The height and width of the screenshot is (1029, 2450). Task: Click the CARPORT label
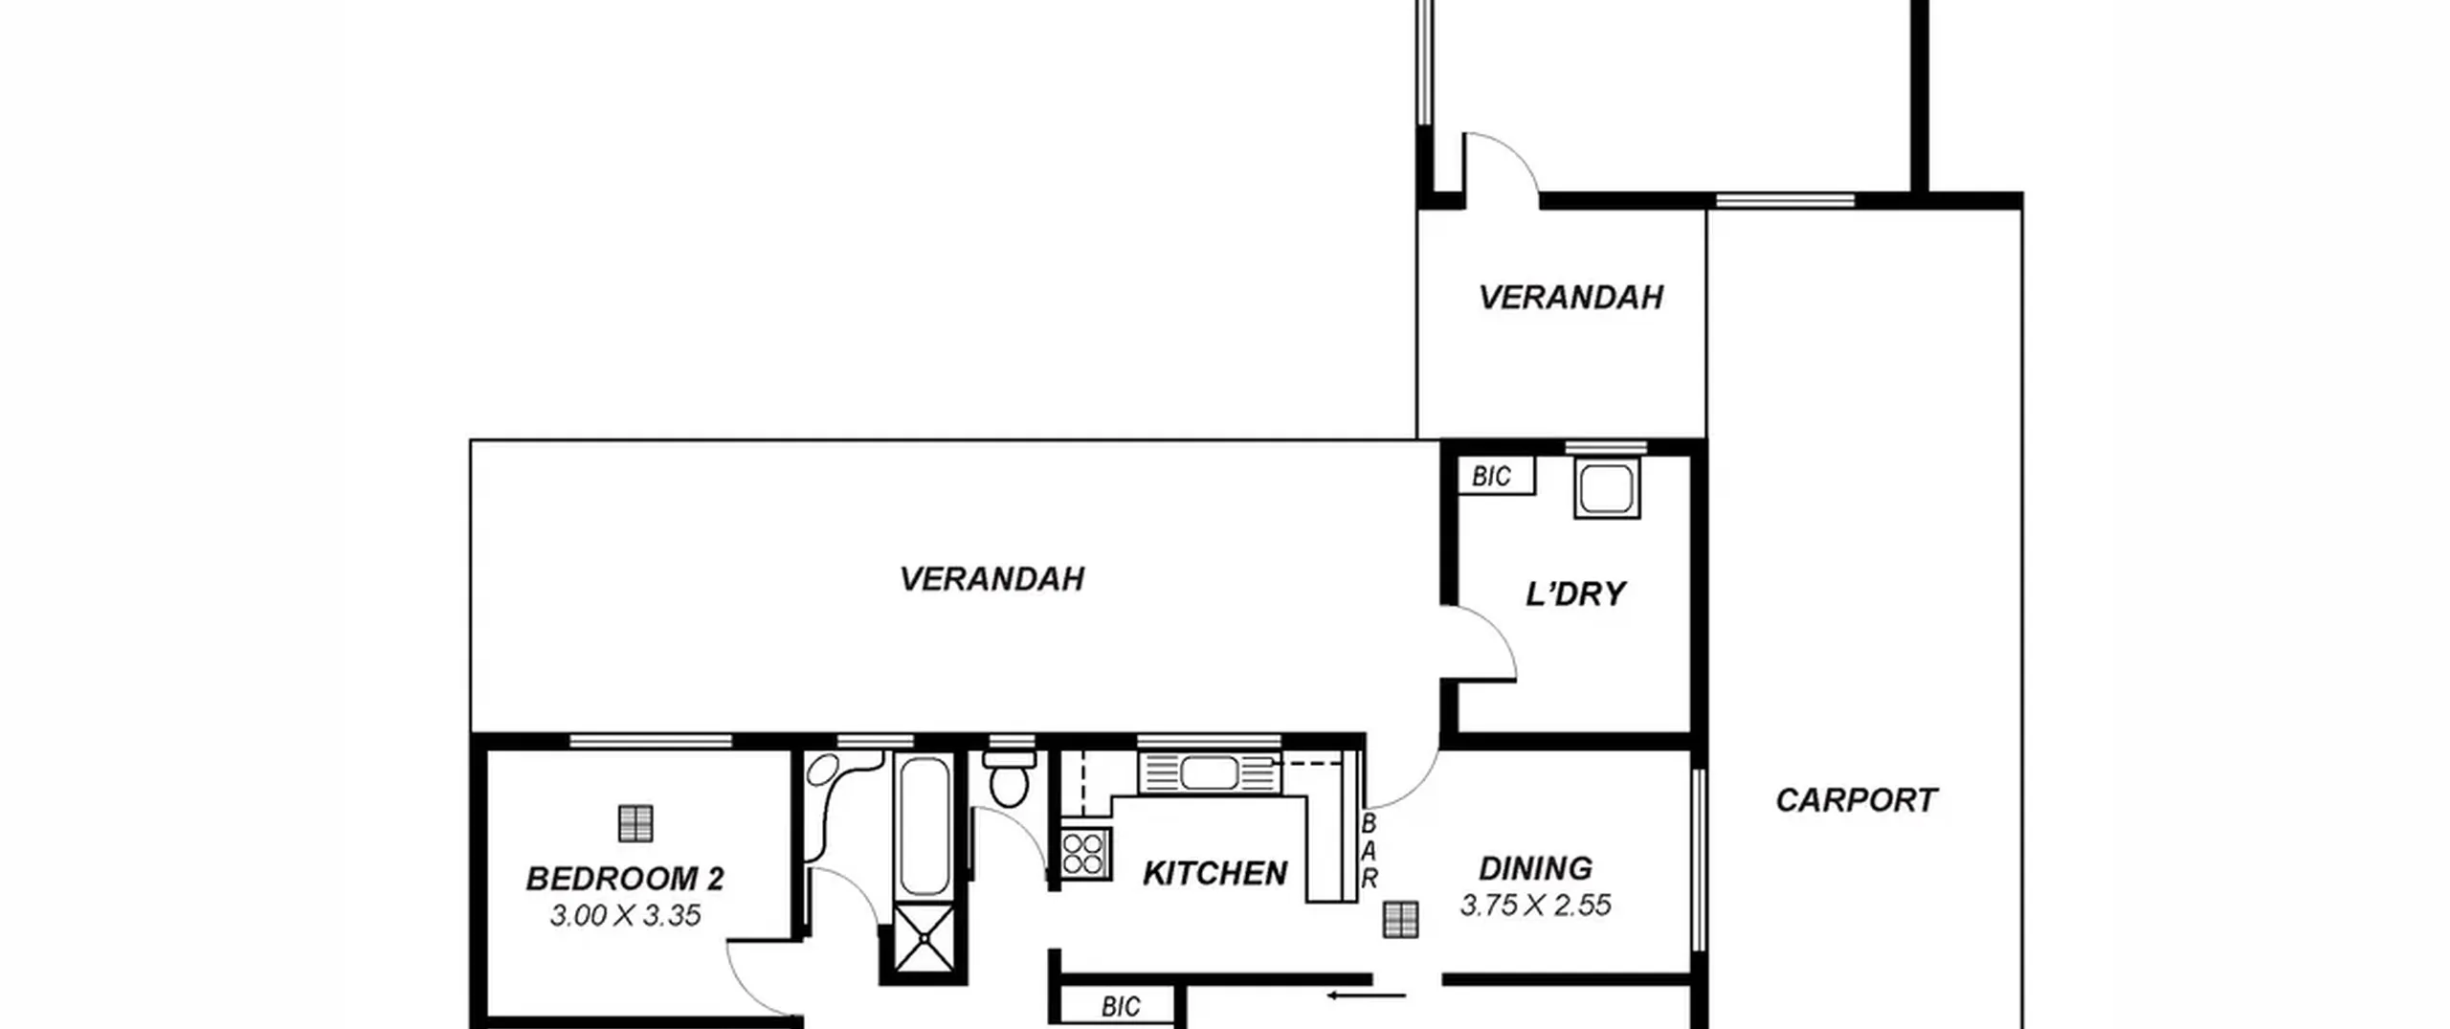click(1856, 800)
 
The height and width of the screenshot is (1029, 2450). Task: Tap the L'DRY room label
click(1575, 594)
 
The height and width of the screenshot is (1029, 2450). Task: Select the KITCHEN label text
click(1214, 873)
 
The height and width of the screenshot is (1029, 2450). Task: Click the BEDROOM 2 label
click(625, 879)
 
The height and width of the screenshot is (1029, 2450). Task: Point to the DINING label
click(1535, 868)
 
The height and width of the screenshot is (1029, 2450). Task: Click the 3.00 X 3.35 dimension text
click(625, 916)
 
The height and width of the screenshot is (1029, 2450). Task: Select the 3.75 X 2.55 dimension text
click(1535, 906)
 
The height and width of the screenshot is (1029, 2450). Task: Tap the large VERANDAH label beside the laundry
click(991, 579)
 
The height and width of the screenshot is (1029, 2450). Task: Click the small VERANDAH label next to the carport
click(1570, 298)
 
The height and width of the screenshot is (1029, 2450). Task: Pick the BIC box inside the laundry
click(1496, 476)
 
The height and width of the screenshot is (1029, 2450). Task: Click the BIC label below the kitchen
click(1120, 1006)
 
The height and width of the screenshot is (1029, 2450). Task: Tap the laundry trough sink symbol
click(1607, 488)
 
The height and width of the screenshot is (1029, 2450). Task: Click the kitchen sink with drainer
click(1210, 773)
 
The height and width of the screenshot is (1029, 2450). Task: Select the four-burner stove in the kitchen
click(1085, 854)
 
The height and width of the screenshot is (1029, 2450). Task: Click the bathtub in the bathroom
click(924, 824)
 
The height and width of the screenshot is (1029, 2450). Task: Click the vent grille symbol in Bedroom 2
click(635, 823)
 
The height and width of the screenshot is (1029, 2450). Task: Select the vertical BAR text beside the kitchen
click(1370, 852)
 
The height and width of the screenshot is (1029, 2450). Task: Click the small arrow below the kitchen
click(1366, 996)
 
